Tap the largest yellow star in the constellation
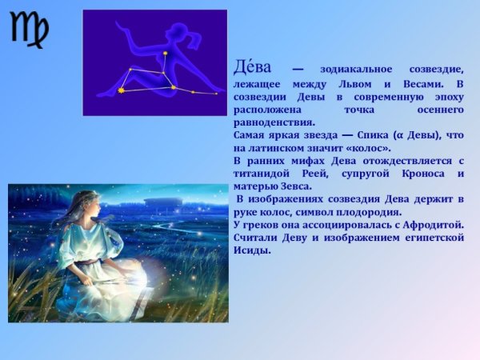(x=122, y=90)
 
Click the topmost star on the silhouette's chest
(x=166, y=54)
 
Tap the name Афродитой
(x=425, y=225)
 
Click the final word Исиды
(x=252, y=250)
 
